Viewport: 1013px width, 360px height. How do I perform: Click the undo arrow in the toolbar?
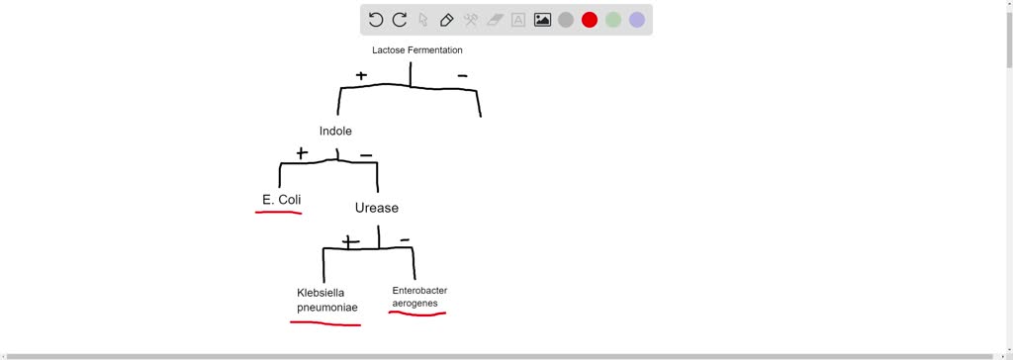coord(376,20)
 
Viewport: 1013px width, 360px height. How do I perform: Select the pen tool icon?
coord(447,20)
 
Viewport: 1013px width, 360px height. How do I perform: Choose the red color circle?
coord(590,20)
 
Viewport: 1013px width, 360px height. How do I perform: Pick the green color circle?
coord(613,20)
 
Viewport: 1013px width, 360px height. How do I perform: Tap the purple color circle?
coord(637,20)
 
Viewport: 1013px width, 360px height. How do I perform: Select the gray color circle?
coord(566,20)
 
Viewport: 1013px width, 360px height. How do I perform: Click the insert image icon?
coord(542,20)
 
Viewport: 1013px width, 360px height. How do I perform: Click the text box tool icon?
coord(518,20)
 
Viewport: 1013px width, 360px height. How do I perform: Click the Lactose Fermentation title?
coord(416,50)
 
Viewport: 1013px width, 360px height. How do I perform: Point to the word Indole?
coord(335,132)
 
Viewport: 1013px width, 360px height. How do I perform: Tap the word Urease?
coord(376,208)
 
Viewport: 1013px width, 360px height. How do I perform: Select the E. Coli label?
coord(281,200)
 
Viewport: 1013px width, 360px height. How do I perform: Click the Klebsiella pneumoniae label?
coord(327,300)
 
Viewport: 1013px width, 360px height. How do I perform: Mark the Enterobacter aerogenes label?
coord(419,296)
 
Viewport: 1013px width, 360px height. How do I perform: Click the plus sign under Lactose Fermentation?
coord(361,75)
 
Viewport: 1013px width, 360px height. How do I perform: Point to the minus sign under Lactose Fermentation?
coord(462,75)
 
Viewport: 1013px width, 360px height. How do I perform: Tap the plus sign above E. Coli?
coord(302,153)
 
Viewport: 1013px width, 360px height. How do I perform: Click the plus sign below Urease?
coord(350,241)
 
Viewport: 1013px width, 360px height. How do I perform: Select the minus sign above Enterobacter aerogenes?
coord(405,240)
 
